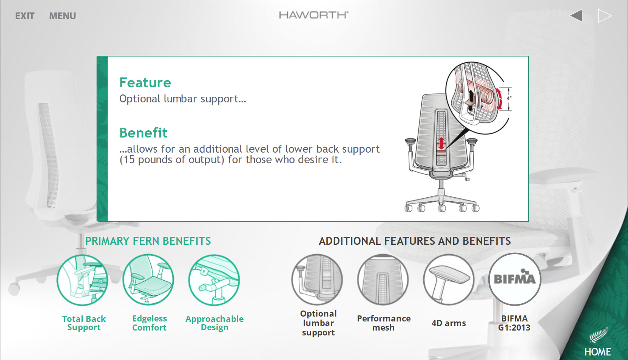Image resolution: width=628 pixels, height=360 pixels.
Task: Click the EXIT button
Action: point(25,16)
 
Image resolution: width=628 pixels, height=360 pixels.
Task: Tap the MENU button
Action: point(63,16)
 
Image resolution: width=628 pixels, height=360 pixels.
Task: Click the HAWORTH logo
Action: point(314,15)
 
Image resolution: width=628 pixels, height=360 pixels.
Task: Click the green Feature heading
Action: point(145,82)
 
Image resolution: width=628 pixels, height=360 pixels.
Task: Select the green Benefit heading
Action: point(143,133)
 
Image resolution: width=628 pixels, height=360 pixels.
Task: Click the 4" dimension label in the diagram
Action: point(509,99)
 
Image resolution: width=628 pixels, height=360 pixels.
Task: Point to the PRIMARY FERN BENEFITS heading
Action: point(148,241)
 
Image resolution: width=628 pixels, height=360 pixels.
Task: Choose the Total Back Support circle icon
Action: point(82,280)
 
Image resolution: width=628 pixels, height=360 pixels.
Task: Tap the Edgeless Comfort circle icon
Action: point(148,280)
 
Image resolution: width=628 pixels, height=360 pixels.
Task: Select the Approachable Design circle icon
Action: point(214,280)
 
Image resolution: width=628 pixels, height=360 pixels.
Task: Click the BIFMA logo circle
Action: point(514,279)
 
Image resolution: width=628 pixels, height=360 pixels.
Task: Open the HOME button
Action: point(597,352)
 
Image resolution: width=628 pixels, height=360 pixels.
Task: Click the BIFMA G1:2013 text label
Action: point(514,323)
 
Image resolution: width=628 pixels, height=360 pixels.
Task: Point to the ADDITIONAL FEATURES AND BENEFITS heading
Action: point(415,241)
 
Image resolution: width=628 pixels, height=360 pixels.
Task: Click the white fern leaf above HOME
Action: point(599,335)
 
